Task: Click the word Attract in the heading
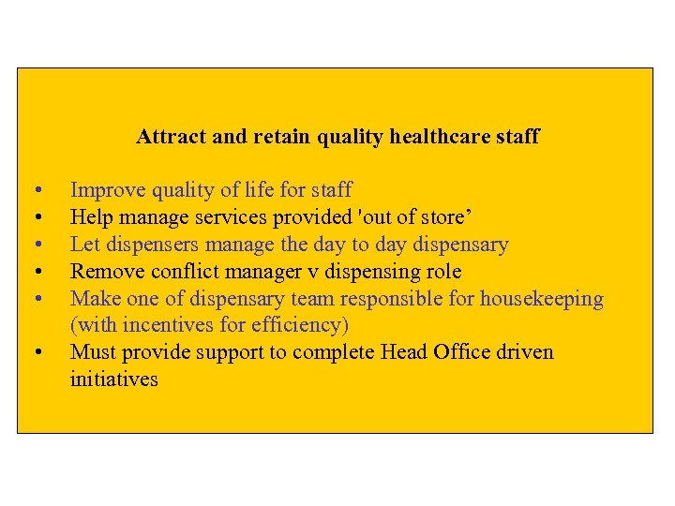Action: coord(171,137)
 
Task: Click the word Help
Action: coord(92,218)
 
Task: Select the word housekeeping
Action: coord(542,299)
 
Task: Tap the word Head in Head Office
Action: coord(404,352)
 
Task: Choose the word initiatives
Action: coord(114,379)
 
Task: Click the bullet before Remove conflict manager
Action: coord(37,273)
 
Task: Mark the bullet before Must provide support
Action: coord(37,353)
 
